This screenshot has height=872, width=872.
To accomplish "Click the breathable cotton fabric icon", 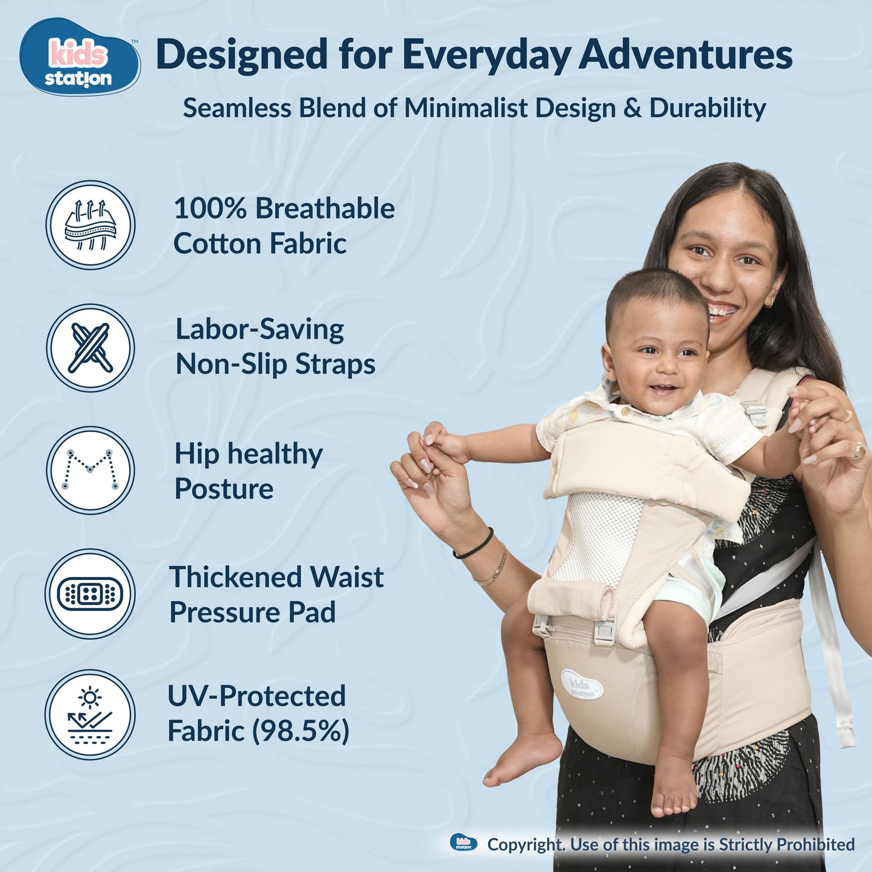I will coord(91,225).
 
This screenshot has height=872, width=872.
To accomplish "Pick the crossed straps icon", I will coord(91,348).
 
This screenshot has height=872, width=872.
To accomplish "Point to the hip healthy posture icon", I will coord(91,470).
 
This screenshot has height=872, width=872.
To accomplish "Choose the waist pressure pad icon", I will coord(91,594).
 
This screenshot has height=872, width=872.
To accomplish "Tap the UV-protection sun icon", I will coord(91,715).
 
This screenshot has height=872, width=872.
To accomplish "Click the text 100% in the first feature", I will coord(210,209).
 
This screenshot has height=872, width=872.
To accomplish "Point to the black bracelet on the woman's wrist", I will coord(474,545).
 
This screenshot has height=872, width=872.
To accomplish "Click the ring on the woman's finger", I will coord(857,451).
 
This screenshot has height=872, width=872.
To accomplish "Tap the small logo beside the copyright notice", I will coord(463,843).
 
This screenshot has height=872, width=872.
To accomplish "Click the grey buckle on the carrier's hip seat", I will coord(604,632).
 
